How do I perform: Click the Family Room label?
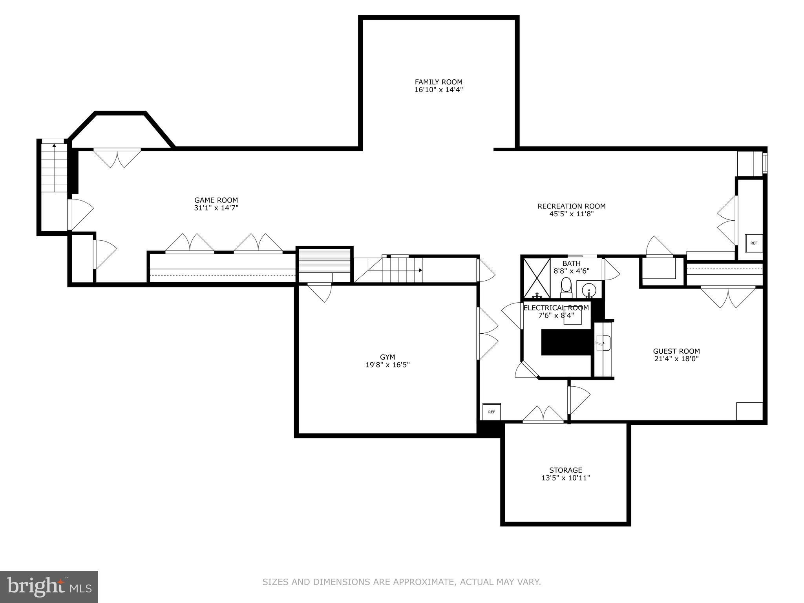click(x=439, y=82)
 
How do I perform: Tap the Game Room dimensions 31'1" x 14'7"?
click(x=216, y=208)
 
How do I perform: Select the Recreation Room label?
click(x=571, y=206)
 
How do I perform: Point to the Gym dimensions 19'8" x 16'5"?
click(x=387, y=365)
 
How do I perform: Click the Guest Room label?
click(x=676, y=351)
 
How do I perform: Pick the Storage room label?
click(x=566, y=470)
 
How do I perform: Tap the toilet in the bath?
click(x=566, y=285)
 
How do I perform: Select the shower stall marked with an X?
click(x=537, y=278)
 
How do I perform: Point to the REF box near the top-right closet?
click(x=754, y=243)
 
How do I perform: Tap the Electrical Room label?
click(x=556, y=308)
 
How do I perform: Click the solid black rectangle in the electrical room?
click(x=566, y=342)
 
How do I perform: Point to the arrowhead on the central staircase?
click(x=420, y=270)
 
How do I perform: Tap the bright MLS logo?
click(x=49, y=587)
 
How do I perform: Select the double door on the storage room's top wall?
click(x=543, y=415)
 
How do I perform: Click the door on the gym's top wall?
click(x=320, y=292)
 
